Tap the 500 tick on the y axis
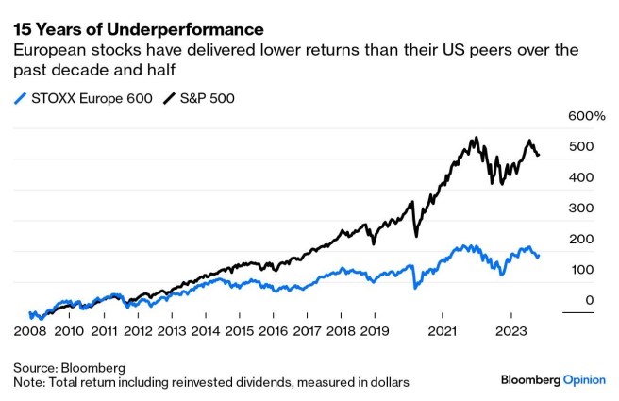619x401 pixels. [x=581, y=147]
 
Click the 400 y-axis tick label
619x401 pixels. [x=581, y=177]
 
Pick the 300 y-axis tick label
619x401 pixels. [x=581, y=208]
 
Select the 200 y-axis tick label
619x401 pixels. [x=581, y=239]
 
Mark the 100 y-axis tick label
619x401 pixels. [x=581, y=270]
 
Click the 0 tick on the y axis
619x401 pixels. [x=588, y=300]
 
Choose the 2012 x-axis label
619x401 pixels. [x=138, y=331]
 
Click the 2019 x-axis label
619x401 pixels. [x=374, y=331]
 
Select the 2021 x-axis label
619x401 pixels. [x=443, y=331]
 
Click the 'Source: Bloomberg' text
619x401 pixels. [x=69, y=366]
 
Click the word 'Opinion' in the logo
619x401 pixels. [x=591, y=379]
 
